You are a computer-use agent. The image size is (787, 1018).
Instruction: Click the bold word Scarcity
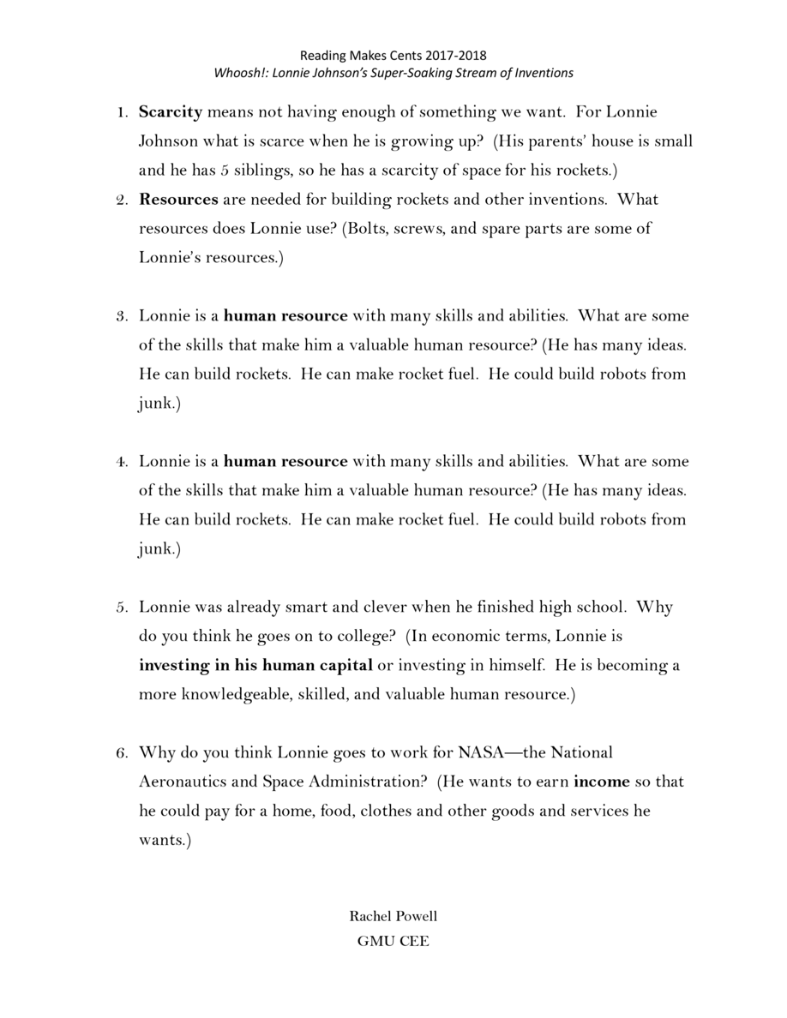(171, 112)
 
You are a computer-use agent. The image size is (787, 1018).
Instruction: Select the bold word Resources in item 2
(178, 200)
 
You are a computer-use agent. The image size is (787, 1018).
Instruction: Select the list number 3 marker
(122, 316)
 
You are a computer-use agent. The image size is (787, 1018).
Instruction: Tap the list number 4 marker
(122, 462)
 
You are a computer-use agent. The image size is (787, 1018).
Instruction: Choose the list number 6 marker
(122, 753)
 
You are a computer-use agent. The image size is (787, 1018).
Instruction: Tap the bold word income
(601, 782)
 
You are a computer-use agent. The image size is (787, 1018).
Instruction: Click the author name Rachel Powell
(393, 917)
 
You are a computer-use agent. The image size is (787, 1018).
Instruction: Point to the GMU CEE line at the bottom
(393, 942)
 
